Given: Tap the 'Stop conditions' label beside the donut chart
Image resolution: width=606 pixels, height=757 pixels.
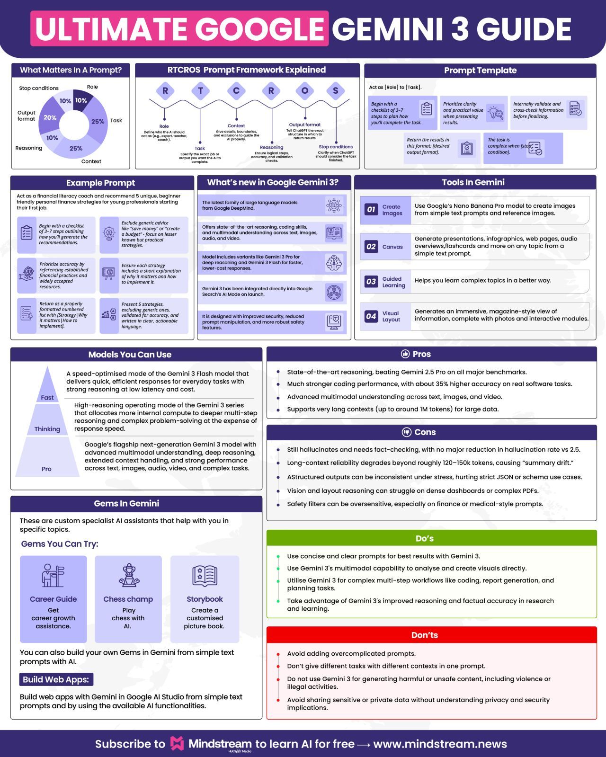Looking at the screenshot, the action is click(39, 89).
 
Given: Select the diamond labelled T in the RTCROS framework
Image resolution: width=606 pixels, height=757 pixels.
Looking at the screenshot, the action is click(201, 91).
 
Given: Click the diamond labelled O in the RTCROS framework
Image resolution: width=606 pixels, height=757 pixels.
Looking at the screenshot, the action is click(305, 91).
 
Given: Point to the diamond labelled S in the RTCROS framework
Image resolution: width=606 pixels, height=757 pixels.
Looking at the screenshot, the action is click(336, 91).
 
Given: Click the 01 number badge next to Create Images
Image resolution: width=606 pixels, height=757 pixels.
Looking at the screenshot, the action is click(371, 210).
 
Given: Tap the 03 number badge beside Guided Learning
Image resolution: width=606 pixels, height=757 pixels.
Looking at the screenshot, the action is click(371, 282).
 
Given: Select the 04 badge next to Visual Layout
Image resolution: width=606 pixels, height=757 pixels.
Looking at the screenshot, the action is click(371, 316).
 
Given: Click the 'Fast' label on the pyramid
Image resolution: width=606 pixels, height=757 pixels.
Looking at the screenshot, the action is click(47, 398).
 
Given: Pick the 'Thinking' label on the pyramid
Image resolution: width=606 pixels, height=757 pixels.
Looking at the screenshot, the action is click(47, 429).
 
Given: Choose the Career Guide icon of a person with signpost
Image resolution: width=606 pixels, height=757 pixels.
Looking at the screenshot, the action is click(53, 576).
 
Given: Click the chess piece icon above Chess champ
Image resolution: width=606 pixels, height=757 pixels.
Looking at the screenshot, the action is click(129, 575).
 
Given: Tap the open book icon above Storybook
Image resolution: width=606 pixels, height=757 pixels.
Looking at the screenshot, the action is click(205, 576).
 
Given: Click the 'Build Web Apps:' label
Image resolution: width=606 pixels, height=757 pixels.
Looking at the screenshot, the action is click(56, 679).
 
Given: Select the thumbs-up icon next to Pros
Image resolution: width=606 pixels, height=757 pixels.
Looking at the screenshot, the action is click(405, 354).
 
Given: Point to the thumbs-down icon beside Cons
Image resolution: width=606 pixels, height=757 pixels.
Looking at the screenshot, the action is click(407, 432).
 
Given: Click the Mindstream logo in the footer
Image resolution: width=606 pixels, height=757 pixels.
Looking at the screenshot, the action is click(177, 743).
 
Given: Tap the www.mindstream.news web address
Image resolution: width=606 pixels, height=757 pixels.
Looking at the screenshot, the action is click(440, 744).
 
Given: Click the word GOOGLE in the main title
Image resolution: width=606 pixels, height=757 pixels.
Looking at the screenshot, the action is click(260, 29).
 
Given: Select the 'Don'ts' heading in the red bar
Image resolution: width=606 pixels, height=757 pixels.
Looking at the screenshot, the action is click(425, 635).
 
